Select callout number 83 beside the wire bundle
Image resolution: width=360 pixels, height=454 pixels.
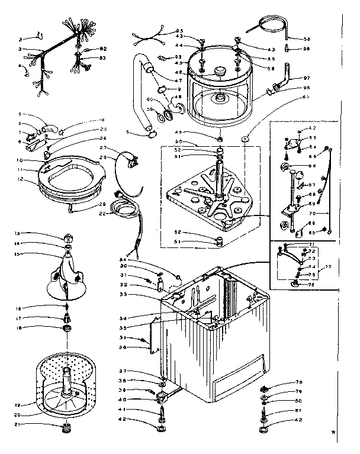pos(102,57)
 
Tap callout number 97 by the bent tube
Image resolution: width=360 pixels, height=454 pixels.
pos(307,78)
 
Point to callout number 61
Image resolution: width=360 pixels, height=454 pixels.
pos(306,96)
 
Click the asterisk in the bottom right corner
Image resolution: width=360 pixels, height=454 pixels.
pos(349,447)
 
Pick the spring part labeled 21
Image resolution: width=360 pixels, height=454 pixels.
pos(66,427)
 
